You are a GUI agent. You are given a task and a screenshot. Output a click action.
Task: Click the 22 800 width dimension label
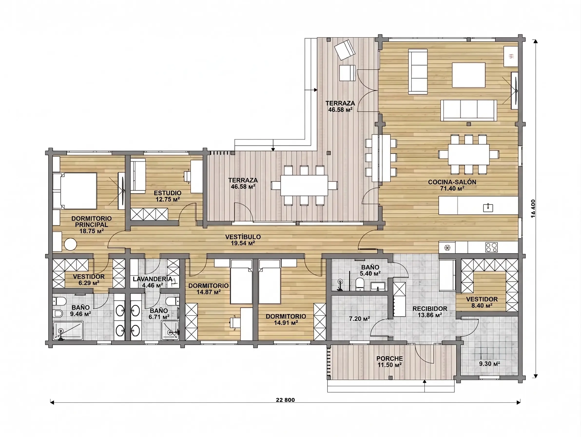285,400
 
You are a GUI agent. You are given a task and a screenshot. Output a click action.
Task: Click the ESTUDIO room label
168,193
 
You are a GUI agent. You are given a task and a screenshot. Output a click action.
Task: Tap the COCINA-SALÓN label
452,182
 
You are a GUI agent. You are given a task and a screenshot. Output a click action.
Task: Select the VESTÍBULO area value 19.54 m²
243,243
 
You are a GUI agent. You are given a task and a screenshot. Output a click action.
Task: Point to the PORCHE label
389,358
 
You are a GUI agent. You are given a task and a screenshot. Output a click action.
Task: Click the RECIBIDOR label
430,308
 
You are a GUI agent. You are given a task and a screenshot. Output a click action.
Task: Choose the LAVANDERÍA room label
153,279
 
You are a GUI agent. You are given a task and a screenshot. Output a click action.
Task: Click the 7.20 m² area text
359,319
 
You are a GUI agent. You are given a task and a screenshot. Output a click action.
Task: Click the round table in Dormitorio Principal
70,244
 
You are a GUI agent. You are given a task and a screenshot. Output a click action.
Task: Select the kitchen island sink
488,208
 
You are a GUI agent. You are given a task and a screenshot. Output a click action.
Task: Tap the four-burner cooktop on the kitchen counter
491,247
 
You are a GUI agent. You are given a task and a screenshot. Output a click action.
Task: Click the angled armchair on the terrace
345,50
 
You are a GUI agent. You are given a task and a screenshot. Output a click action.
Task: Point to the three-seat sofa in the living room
469,110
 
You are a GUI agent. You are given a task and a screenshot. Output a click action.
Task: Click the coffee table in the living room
469,75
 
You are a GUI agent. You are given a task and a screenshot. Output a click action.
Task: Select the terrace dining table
304,185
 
